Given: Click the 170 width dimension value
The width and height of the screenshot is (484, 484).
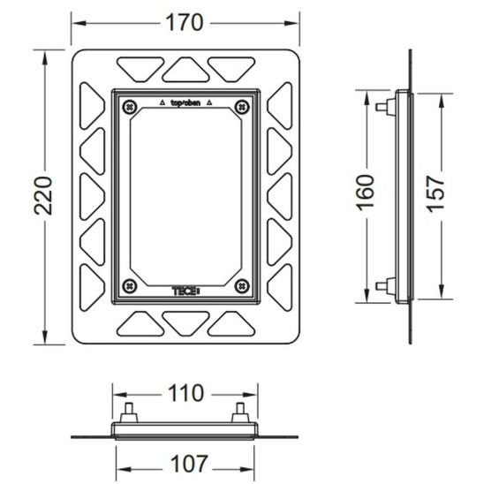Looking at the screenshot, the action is click(185, 23).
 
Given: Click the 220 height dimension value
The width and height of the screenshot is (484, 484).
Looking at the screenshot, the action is click(43, 196).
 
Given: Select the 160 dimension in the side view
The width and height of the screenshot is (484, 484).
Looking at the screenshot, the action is click(366, 193).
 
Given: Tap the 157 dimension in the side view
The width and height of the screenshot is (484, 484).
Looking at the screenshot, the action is click(435, 193).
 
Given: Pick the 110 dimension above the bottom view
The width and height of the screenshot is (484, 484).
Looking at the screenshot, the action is click(185, 393).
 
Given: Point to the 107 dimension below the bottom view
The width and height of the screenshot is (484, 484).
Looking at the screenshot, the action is click(189, 464).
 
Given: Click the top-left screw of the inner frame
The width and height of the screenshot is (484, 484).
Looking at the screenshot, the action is click(130, 107).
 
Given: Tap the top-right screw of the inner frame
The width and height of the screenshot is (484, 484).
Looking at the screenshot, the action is click(242, 107).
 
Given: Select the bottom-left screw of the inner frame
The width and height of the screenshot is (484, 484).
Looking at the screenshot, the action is click(130, 286).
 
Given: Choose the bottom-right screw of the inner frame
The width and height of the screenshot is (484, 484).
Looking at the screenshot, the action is click(242, 286).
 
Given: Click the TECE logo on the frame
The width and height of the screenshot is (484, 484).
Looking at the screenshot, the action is click(186, 291).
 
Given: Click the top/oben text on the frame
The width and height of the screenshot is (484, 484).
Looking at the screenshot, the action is click(185, 103).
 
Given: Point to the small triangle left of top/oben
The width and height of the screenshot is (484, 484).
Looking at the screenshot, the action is click(163, 102).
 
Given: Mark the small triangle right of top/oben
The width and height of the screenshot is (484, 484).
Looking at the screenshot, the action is click(209, 102).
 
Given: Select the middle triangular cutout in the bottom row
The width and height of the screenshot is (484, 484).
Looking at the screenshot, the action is click(185, 322).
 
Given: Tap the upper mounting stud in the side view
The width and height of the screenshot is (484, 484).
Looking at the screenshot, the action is click(386, 107).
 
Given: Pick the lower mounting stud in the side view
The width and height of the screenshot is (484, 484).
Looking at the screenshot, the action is click(386, 286).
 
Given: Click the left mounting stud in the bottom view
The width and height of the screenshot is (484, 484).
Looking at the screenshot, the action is click(129, 412).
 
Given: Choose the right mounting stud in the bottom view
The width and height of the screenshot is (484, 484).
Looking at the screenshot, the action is click(240, 412).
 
